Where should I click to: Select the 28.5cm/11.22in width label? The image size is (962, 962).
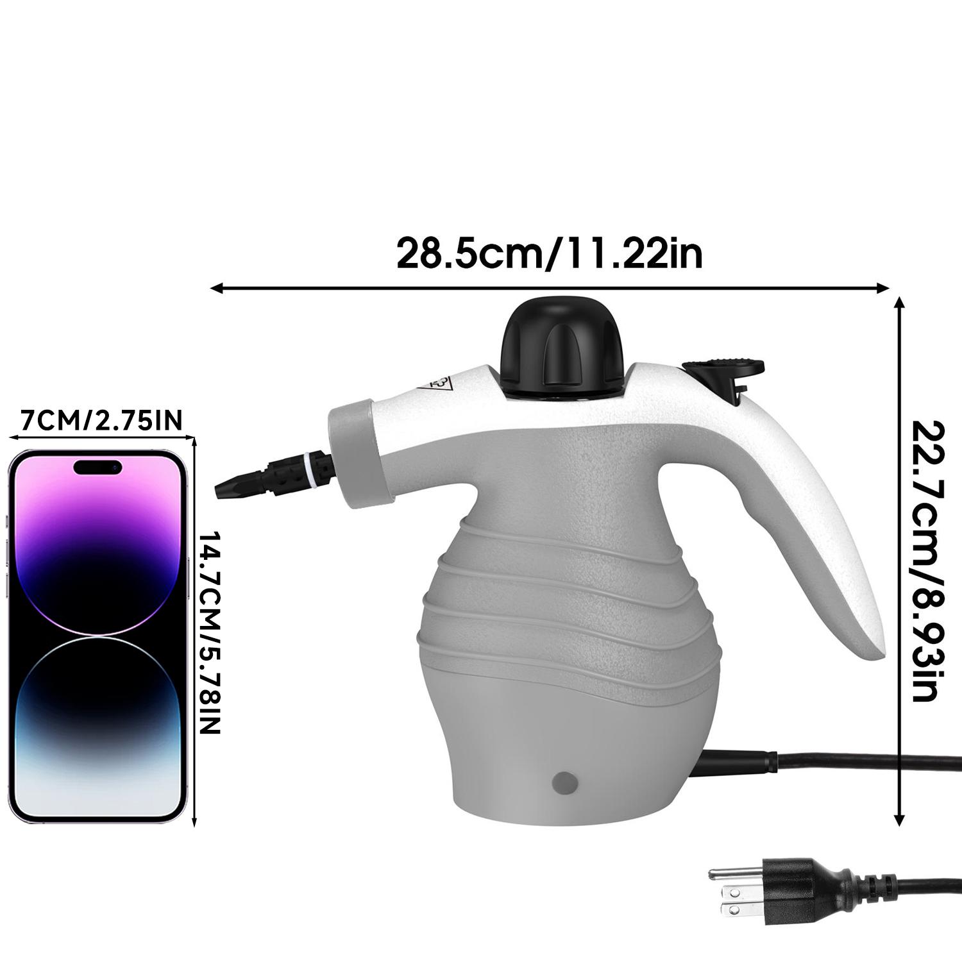coord(550,253)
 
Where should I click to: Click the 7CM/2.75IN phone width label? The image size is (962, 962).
coord(102,420)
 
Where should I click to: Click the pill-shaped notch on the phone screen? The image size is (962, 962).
coord(97,467)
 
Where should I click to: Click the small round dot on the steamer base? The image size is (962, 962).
coord(564,782)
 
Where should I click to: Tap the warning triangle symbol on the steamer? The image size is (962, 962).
coord(436,383)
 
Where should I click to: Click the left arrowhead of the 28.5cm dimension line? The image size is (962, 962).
coord(215,289)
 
